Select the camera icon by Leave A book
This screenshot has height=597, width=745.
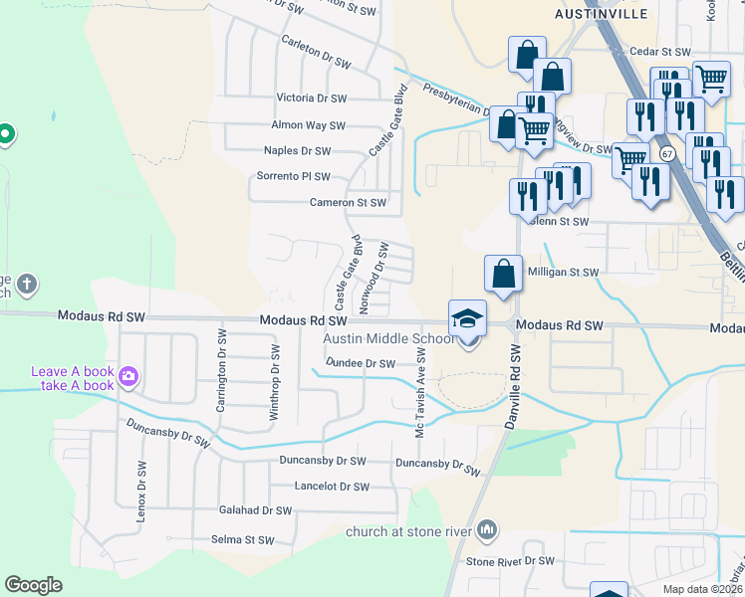(x=127, y=377)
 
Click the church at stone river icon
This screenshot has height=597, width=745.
(x=487, y=529)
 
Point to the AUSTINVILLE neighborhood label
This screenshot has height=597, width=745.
(x=602, y=14)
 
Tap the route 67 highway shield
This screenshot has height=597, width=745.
(x=666, y=153)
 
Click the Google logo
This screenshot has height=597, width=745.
(x=34, y=585)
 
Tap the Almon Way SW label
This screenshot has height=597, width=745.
(x=308, y=126)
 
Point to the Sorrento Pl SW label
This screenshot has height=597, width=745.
(x=294, y=176)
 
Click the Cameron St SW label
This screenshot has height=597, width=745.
(x=347, y=202)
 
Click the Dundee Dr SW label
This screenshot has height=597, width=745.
(x=361, y=364)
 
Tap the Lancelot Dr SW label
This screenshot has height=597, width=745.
(x=332, y=487)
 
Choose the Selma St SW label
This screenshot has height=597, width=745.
(x=242, y=540)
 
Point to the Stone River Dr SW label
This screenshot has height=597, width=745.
(x=510, y=561)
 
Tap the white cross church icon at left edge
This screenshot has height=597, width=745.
(x=26, y=285)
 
